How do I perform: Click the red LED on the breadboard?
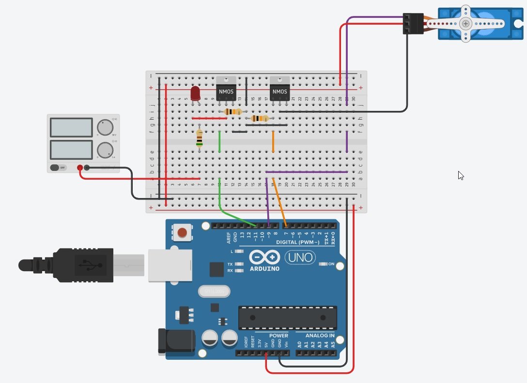pyautogui.click(x=196, y=93)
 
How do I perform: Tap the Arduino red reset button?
pyautogui.click(x=182, y=233)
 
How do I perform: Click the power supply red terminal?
pyautogui.click(x=80, y=168)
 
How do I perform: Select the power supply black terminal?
pyautogui.click(x=87, y=168)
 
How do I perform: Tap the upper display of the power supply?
pyautogui.click(x=71, y=127)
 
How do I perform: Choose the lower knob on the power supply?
pyautogui.click(x=105, y=150)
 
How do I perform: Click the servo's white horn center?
pyautogui.click(x=465, y=23)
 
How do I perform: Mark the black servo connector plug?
pyautogui.click(x=413, y=24)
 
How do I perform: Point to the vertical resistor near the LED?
pyautogui.click(x=199, y=139)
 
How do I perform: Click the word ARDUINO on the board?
pyautogui.click(x=264, y=268)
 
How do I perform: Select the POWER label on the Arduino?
pyautogui.click(x=278, y=336)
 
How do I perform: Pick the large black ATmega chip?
pyautogui.click(x=287, y=318)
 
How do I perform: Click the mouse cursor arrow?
pyautogui.click(x=460, y=175)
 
